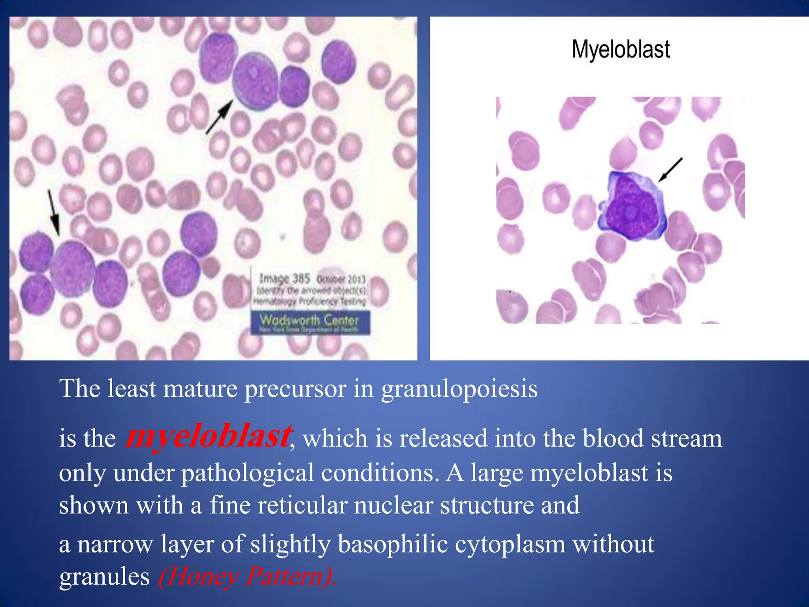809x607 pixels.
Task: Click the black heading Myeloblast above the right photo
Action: tap(621, 50)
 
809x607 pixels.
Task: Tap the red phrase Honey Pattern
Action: tap(247, 577)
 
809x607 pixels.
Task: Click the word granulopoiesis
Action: tap(459, 389)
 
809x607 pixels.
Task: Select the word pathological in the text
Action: tap(247, 473)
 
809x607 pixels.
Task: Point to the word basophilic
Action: tap(392, 544)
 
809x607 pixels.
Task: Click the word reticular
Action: tap(301, 505)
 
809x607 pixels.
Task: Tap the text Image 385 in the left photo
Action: tap(284, 279)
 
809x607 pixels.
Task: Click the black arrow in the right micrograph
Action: tap(670, 170)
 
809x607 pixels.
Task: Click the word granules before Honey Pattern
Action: tap(104, 577)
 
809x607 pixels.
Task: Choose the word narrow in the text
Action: tap(115, 544)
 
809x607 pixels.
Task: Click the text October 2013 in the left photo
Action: tap(341, 279)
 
